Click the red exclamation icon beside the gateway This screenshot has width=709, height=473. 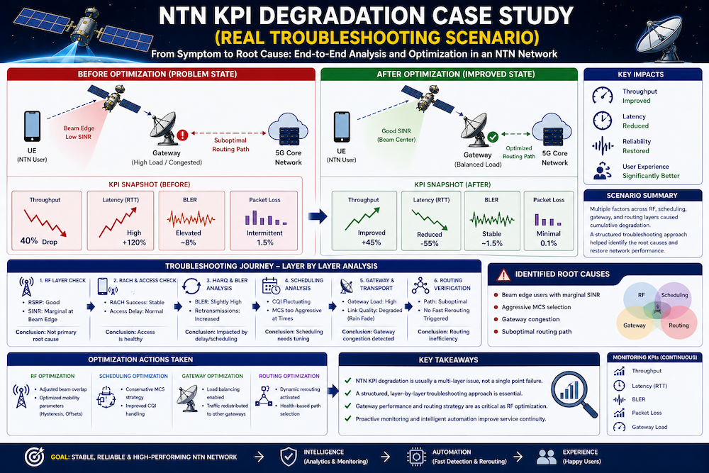(x=183, y=133)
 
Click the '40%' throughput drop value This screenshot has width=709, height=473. (x=29, y=240)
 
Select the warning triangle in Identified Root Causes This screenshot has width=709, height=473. (x=504, y=274)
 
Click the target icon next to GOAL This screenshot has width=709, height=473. (x=35, y=456)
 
